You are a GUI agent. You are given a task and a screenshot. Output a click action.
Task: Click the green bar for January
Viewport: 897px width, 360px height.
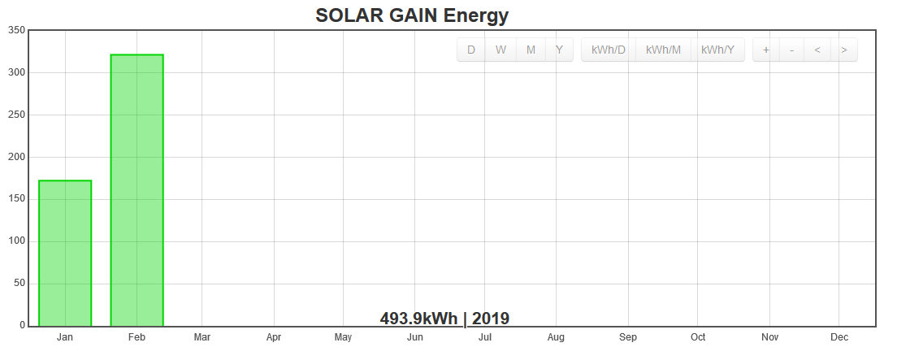[x=65, y=253]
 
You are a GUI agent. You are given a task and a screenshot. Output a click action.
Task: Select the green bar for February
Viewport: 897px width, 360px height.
[x=136, y=190]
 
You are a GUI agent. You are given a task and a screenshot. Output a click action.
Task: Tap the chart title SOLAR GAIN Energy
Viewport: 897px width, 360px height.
[x=412, y=15]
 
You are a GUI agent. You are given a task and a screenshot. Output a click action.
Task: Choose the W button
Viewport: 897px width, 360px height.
[x=500, y=50]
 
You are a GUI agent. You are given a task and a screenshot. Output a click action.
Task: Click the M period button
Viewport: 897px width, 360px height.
[x=531, y=50]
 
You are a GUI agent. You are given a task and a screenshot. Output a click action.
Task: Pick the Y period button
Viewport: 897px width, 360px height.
[x=559, y=50]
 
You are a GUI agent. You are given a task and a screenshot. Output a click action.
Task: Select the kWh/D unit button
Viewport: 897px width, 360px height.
[x=609, y=50]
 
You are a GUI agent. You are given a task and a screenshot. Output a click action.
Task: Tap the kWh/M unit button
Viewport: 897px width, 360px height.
[x=663, y=50]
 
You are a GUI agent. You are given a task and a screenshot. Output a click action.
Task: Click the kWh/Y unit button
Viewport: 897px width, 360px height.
[x=717, y=50]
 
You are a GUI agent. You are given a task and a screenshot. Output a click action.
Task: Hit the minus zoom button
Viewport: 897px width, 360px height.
[x=791, y=50]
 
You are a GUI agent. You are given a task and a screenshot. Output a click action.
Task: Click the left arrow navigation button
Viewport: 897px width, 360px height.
[x=817, y=50]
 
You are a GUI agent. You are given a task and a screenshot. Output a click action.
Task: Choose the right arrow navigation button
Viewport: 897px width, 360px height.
[x=844, y=50]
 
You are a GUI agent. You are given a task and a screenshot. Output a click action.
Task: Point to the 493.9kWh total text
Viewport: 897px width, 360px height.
[x=418, y=319]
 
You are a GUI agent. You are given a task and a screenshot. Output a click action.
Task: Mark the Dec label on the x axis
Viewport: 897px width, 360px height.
[x=839, y=337]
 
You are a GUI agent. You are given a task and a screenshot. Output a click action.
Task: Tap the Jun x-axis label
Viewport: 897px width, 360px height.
[x=414, y=337]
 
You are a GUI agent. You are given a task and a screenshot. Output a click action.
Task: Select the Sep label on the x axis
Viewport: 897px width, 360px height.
[x=627, y=337]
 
